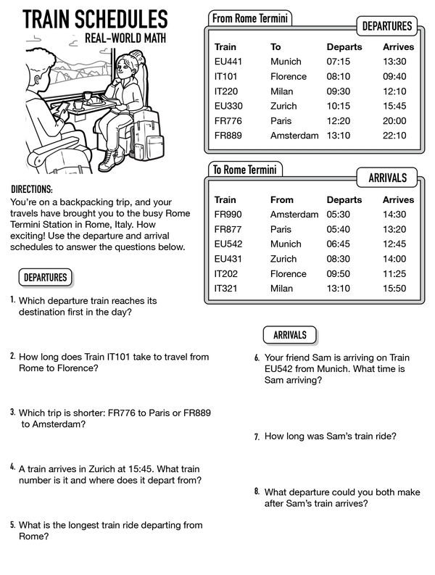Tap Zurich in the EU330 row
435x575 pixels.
tap(283, 106)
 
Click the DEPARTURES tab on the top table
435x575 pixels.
tap(386, 27)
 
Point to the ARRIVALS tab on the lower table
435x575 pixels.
tap(387, 178)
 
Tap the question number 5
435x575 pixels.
tap(13, 524)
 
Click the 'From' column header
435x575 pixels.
tap(282, 199)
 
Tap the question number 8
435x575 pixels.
tap(257, 491)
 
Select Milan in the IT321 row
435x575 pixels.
tap(281, 288)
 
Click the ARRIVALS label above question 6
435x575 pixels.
tap(289, 335)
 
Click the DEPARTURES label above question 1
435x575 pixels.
tap(45, 277)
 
